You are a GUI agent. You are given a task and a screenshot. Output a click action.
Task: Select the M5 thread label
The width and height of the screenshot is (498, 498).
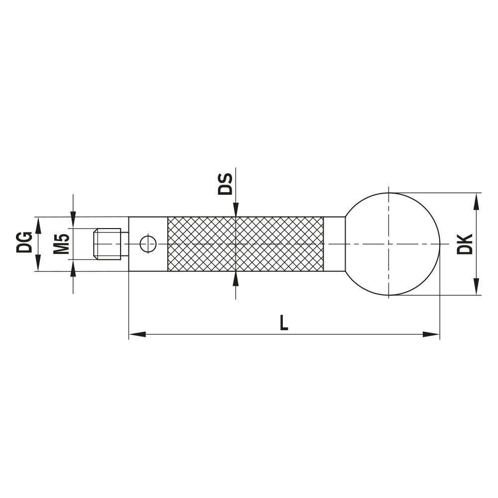coord(61,244)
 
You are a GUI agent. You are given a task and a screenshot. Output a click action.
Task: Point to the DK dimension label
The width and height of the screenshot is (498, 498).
coord(465,244)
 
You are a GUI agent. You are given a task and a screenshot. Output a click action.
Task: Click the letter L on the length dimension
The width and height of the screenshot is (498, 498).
coord(283,323)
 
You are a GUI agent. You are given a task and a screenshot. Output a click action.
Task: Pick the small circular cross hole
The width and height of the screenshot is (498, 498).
coord(148,244)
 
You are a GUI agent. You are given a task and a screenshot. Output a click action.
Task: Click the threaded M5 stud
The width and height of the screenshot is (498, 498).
coord(107,244)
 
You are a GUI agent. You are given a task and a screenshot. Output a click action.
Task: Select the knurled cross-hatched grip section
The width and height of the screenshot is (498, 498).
coord(245,244)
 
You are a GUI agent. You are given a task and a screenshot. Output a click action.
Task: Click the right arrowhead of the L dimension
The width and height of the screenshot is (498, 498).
coord(432,334)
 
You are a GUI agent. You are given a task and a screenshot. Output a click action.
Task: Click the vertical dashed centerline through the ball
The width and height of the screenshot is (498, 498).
coord(388,219)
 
